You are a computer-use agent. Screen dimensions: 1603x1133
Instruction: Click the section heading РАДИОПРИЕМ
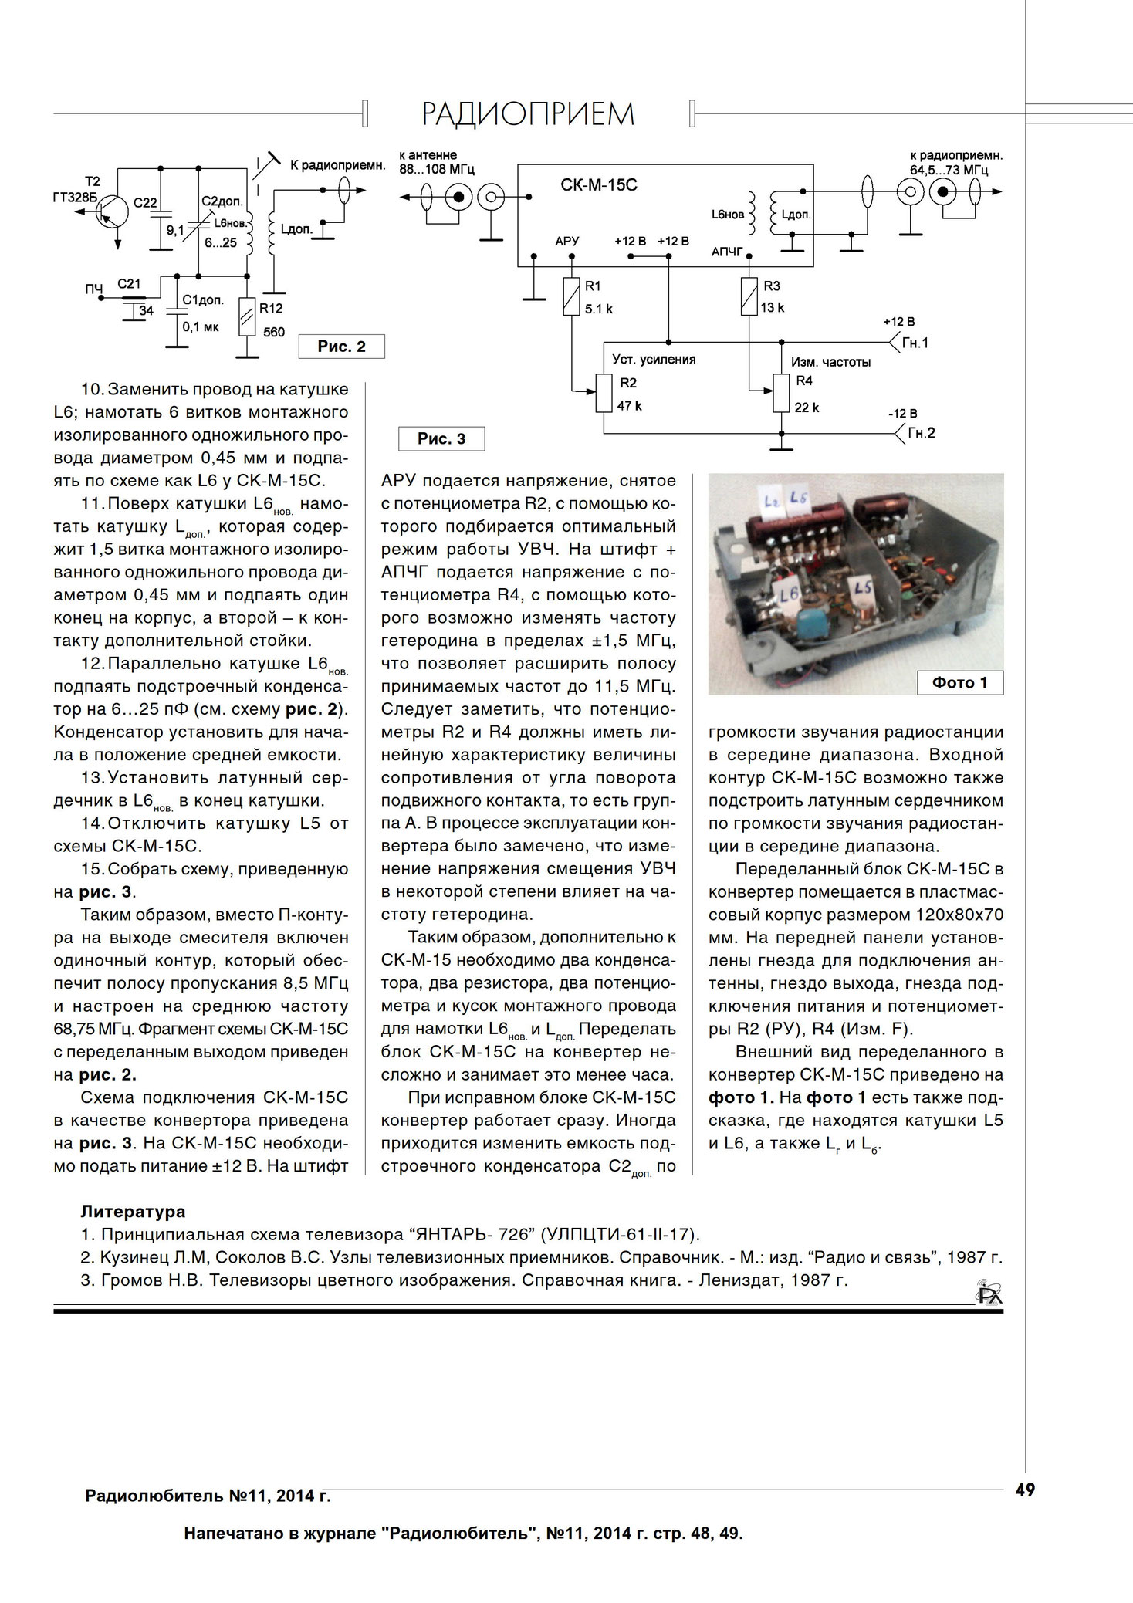coord(528,114)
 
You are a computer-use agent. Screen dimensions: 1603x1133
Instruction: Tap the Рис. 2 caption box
coord(341,347)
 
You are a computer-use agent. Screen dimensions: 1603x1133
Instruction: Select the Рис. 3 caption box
coord(441,439)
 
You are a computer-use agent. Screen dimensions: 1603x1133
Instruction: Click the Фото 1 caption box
coord(959,683)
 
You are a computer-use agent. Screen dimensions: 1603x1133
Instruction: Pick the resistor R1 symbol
coord(570,297)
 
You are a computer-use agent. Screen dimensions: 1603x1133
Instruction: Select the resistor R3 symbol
coord(749,297)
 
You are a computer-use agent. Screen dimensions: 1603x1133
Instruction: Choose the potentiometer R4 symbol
coord(781,393)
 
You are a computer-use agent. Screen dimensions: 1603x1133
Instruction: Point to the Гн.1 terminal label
coord(915,343)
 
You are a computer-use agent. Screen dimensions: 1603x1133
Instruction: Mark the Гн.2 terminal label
coord(920,433)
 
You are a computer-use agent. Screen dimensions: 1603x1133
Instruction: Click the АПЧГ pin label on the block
coord(726,252)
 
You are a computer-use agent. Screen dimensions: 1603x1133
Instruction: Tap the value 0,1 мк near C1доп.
coord(201,327)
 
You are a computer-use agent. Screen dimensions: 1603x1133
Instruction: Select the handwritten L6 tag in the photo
coord(789,596)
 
